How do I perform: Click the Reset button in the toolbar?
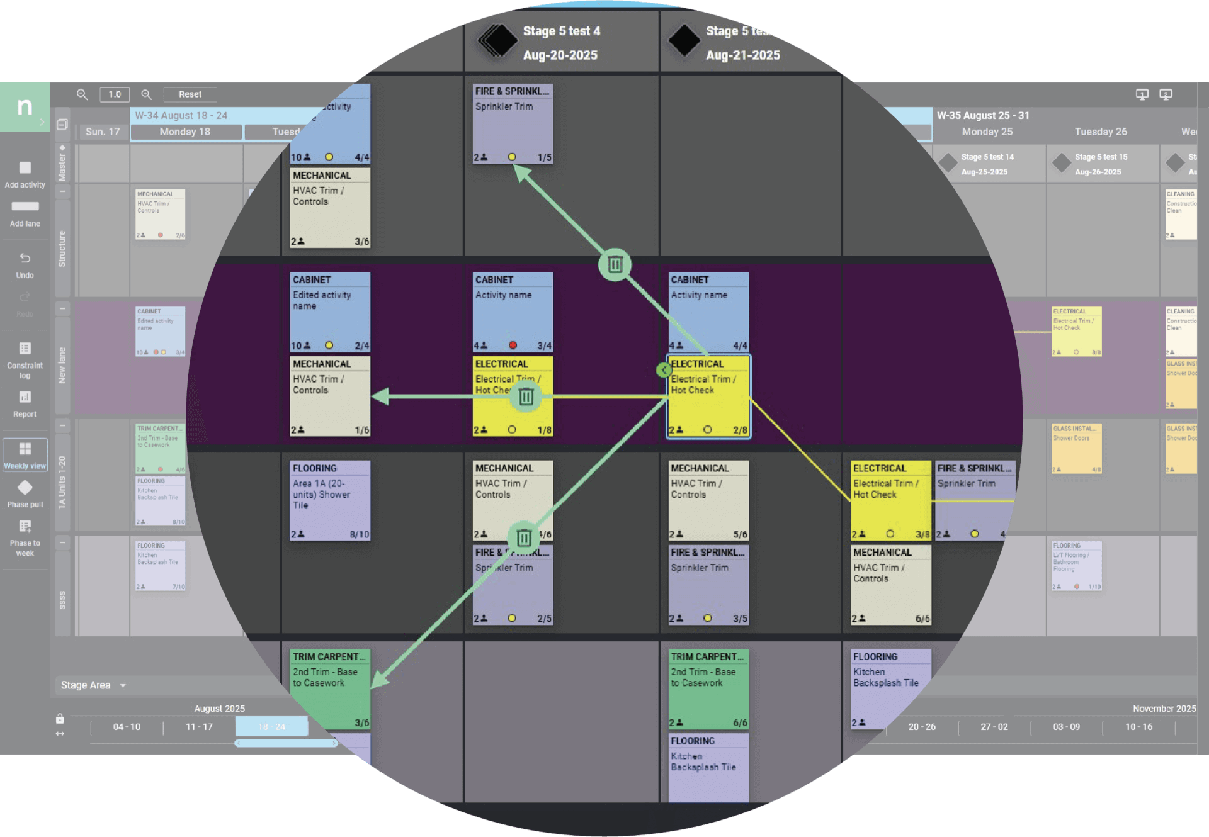click(190, 94)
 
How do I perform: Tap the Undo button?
click(25, 265)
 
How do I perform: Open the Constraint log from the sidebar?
click(25, 359)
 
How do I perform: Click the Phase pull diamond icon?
click(25, 488)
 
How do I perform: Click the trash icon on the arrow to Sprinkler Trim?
click(615, 265)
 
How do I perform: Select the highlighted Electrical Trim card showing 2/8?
click(708, 396)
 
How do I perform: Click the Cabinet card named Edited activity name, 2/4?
click(330, 312)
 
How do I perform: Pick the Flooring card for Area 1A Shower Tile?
click(330, 500)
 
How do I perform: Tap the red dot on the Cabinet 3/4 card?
click(513, 345)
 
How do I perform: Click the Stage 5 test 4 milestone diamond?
click(497, 41)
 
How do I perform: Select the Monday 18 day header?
click(185, 132)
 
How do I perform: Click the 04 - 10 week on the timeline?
click(127, 727)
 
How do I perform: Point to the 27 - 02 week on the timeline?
click(994, 727)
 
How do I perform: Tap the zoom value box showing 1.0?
click(115, 94)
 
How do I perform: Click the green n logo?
click(25, 107)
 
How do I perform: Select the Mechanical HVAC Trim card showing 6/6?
click(890, 585)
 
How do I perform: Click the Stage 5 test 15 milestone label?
click(1101, 157)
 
